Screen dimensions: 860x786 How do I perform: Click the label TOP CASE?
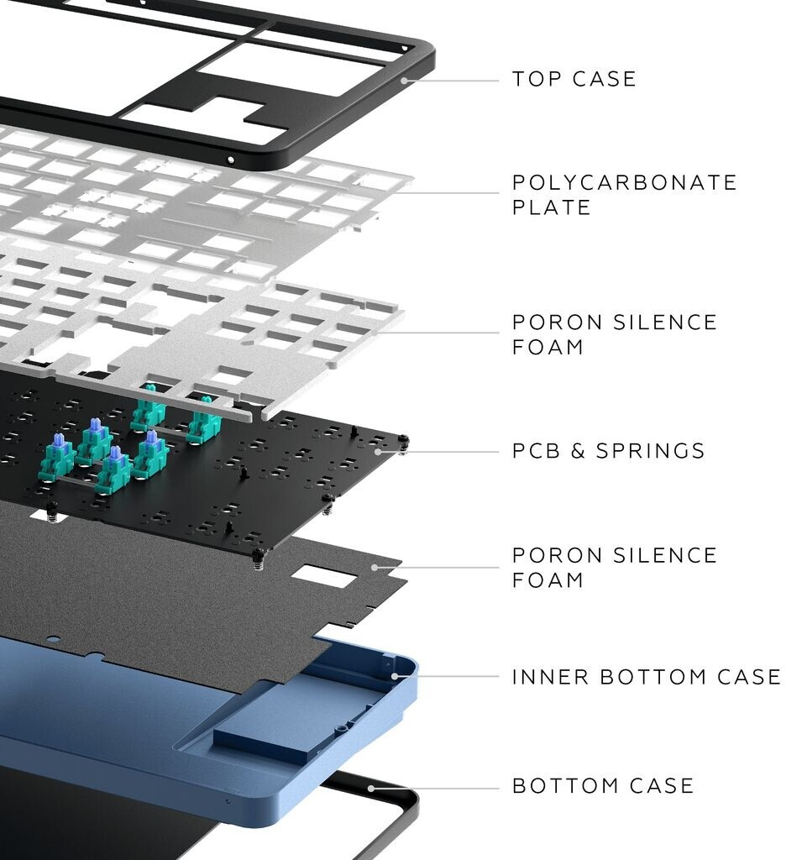coord(574,79)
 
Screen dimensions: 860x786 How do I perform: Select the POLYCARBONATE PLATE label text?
coord(624,194)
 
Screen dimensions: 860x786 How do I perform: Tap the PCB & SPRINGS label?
coord(608,451)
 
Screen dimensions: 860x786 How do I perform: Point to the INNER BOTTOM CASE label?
coord(646,676)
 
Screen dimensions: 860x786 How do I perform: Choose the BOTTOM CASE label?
coord(603,786)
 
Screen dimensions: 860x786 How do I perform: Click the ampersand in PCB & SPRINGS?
coord(577,451)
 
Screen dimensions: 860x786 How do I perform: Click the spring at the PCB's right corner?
coord(405,443)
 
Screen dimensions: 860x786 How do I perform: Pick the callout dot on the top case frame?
coord(404,81)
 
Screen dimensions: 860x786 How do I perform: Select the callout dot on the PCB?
coord(379,451)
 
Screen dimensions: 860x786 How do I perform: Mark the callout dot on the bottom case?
coord(369,788)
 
